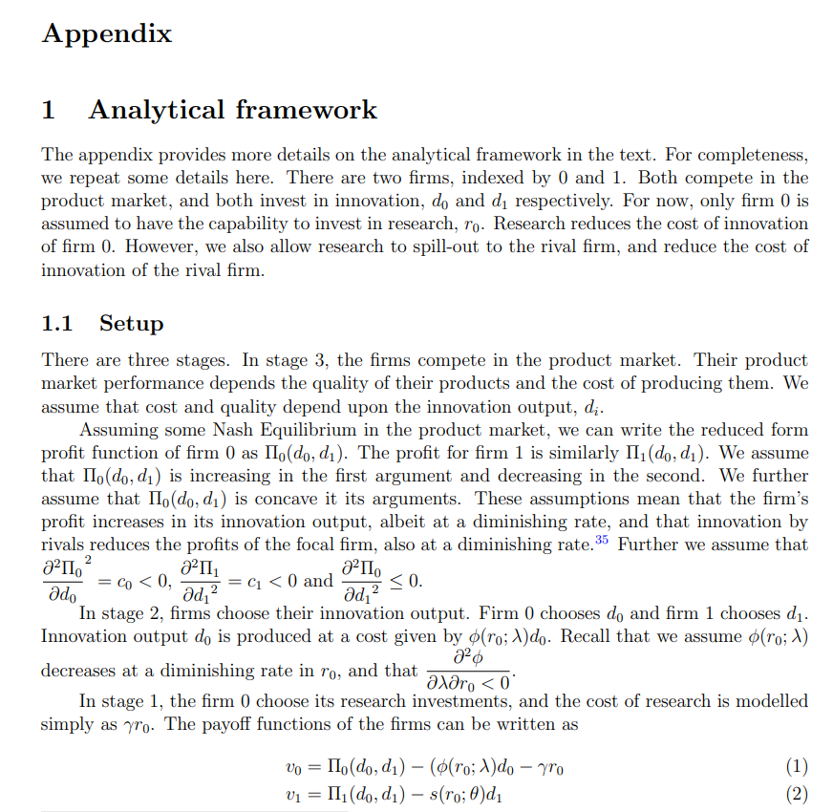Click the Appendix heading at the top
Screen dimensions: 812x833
point(107,34)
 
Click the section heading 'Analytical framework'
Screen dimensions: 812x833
point(232,110)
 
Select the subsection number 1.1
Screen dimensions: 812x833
point(56,323)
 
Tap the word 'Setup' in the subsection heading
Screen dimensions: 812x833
point(132,323)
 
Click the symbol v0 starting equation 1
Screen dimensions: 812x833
point(293,767)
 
